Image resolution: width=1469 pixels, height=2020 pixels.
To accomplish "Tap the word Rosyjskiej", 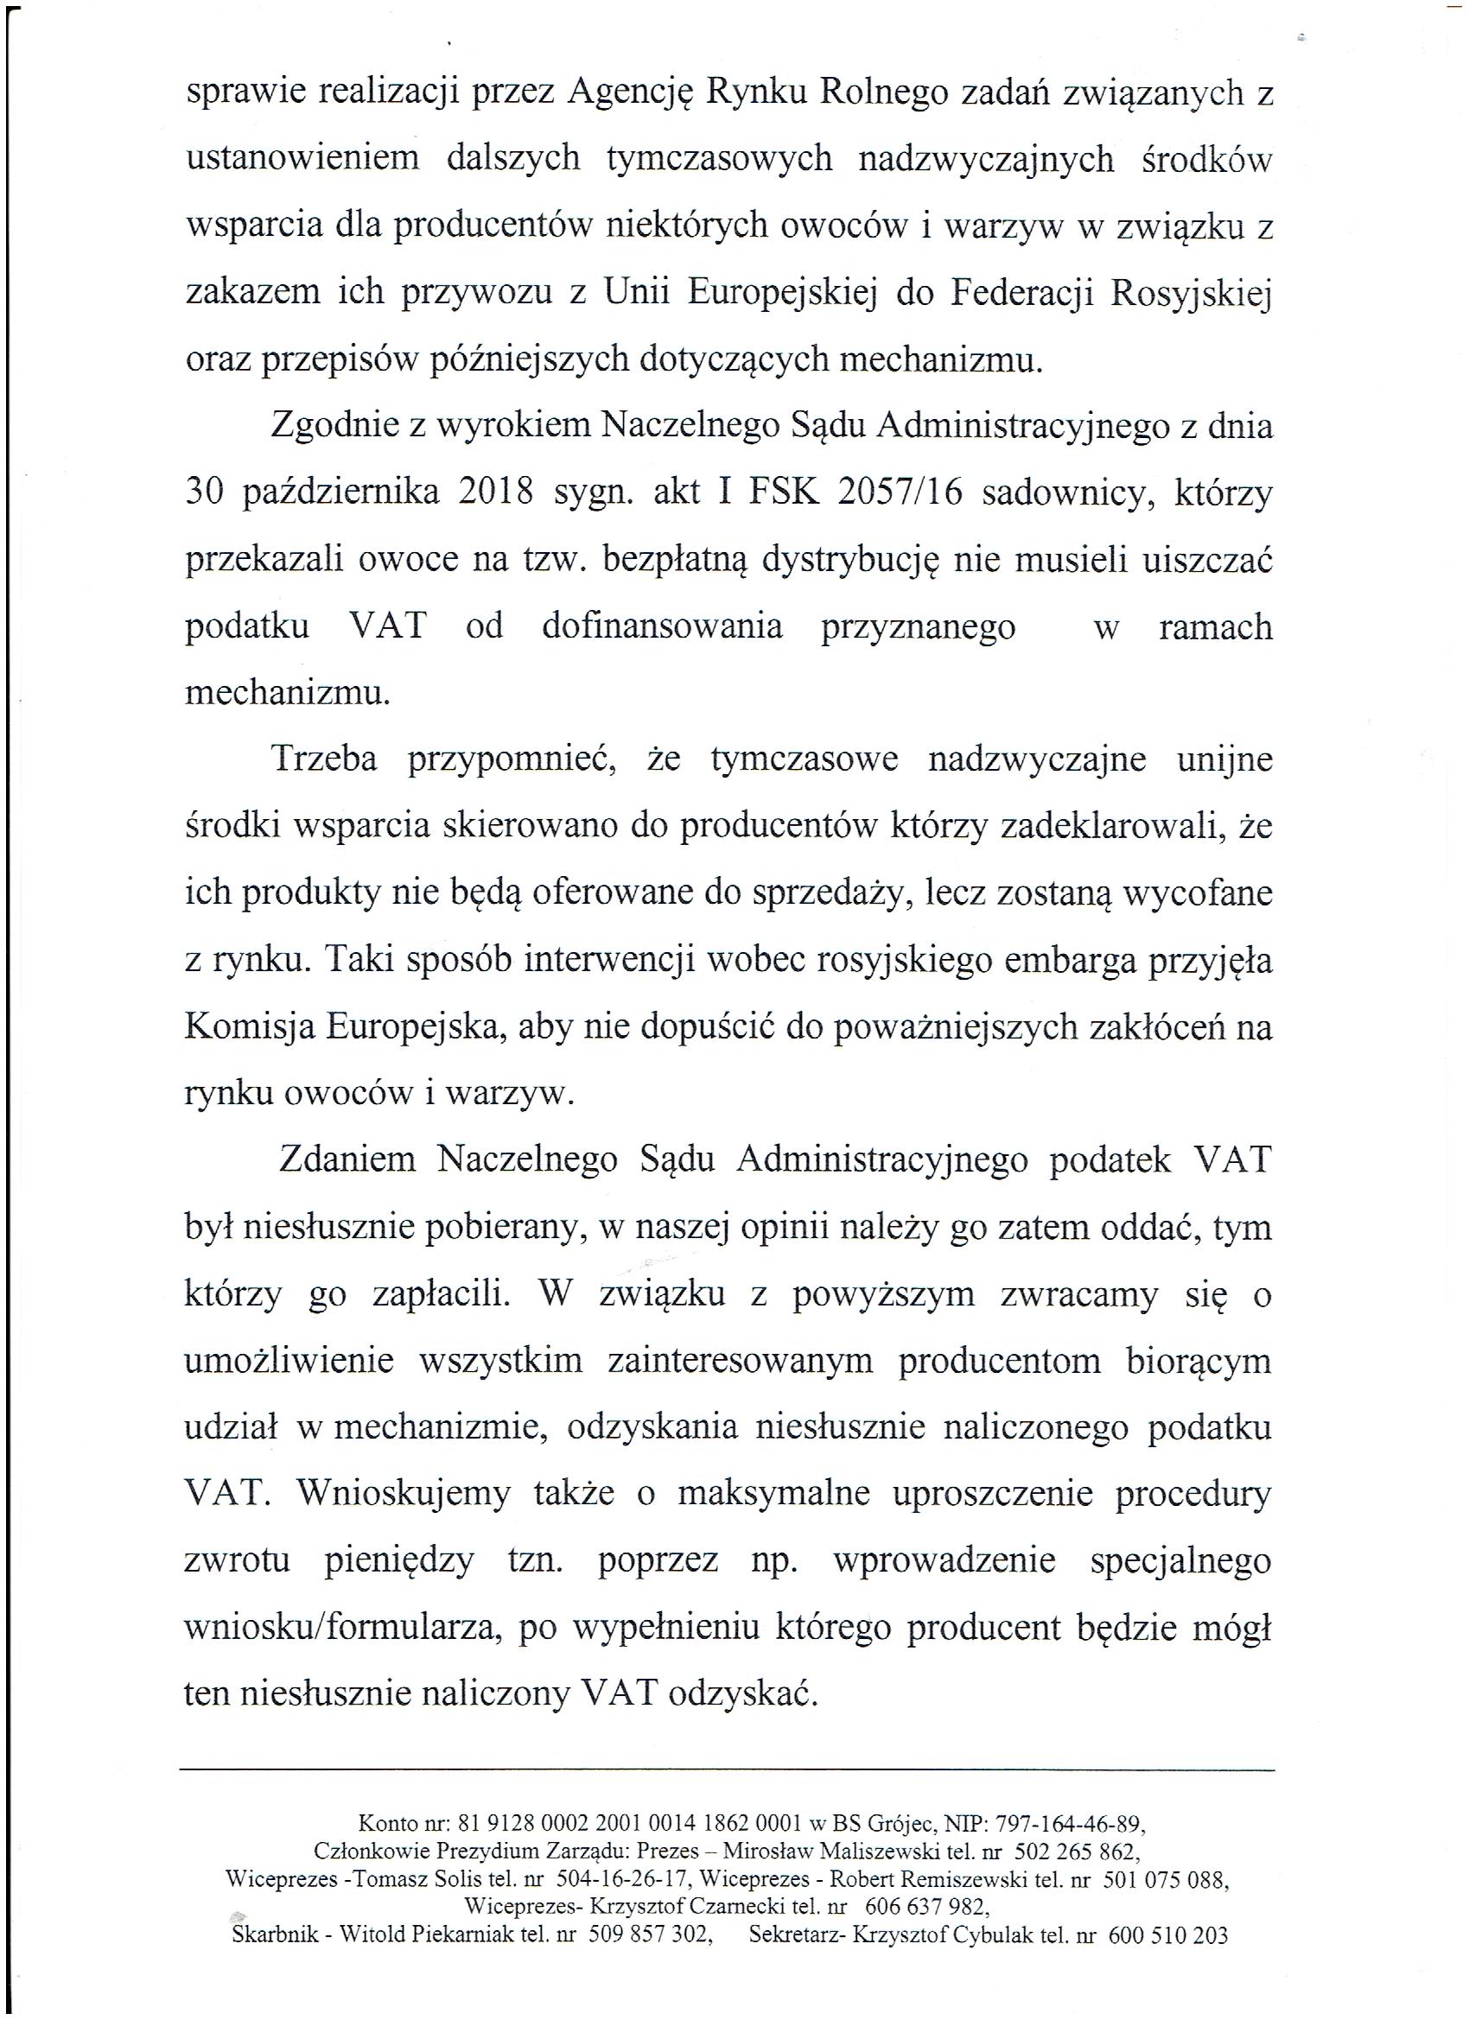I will click(1189, 293).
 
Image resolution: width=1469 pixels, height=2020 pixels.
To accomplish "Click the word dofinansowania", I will click(662, 626).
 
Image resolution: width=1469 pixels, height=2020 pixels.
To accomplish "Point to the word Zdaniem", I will click(347, 1160).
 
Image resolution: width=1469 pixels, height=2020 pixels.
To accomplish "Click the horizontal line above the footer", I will click(726, 1769).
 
